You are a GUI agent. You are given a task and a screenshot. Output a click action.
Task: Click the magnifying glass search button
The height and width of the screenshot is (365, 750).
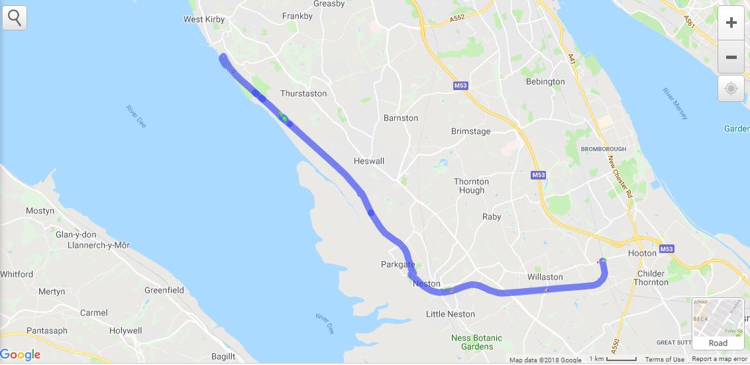point(15,18)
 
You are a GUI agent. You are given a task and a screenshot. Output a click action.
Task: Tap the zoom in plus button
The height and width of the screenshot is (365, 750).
point(731,23)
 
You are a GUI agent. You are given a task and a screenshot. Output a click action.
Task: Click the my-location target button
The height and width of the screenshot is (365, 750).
point(731,88)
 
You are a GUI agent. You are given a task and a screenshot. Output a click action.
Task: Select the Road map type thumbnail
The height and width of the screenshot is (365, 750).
point(718,324)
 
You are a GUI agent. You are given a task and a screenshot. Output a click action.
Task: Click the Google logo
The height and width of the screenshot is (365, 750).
point(21,355)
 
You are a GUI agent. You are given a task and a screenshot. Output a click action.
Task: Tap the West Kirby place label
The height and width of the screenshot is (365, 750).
point(204,19)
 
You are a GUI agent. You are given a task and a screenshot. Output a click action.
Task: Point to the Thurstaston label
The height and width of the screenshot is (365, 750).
point(303,93)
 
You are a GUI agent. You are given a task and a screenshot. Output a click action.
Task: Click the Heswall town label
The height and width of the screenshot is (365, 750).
point(369,161)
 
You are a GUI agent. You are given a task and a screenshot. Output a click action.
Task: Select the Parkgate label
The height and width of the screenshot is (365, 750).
point(398,264)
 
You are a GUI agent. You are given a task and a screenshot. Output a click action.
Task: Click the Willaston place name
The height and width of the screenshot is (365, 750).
point(545,277)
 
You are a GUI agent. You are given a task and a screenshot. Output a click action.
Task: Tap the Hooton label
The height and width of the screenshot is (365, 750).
point(642,253)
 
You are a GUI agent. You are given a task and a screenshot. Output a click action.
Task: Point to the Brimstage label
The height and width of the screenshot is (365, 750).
point(471,131)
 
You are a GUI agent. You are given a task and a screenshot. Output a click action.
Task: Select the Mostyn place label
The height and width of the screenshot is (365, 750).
point(40,211)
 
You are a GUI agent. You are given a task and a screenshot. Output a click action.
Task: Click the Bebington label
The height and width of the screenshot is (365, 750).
point(545,81)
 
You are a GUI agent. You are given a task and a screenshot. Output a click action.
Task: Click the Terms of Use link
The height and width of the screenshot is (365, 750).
point(665,360)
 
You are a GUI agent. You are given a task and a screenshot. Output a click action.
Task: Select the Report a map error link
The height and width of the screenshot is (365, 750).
point(720,360)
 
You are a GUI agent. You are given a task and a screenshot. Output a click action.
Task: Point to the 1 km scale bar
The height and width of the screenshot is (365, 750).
point(613,359)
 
